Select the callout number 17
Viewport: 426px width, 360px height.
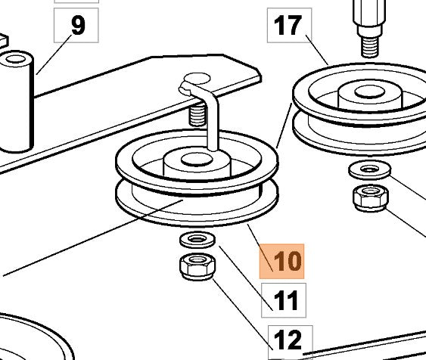[x=289, y=25]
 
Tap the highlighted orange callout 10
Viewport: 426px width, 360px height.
[x=281, y=261]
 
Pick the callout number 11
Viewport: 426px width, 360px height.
[x=284, y=300]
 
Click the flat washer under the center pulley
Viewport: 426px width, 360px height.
[x=197, y=240]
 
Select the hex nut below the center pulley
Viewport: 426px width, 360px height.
[x=197, y=266]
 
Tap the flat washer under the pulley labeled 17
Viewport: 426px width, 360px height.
[x=370, y=169]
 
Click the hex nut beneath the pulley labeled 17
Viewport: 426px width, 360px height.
[x=371, y=197]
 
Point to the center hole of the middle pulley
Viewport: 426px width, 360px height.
[x=197, y=160]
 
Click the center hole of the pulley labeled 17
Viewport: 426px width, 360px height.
[x=370, y=92]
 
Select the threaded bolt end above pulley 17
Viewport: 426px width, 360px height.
[x=370, y=47]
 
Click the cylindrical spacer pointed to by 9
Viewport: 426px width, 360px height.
[x=17, y=101]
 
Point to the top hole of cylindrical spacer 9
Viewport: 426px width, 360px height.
[x=16, y=59]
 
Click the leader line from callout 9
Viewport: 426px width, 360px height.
[x=54, y=54]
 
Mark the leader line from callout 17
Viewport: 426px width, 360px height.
[x=317, y=50]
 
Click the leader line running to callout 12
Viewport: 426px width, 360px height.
[x=243, y=314]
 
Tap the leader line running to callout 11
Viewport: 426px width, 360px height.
[x=246, y=278]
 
